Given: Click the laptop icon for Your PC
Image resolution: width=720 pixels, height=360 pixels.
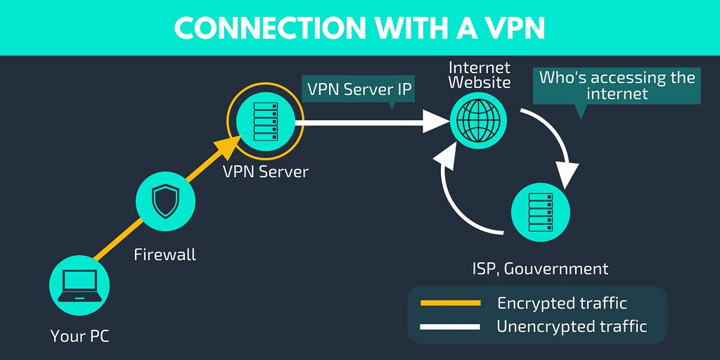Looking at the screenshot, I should (79, 286).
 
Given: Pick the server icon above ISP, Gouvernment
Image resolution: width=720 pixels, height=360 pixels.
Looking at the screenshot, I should (540, 211).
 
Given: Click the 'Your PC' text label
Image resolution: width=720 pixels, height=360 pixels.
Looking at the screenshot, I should (79, 336).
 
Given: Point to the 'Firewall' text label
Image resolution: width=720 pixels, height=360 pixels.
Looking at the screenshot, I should (165, 255).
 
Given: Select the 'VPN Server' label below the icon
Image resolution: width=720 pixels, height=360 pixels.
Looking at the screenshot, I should (265, 172).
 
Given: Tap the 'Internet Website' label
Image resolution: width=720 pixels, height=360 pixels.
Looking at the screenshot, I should (480, 75).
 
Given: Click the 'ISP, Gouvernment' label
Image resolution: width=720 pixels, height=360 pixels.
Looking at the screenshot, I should (540, 269).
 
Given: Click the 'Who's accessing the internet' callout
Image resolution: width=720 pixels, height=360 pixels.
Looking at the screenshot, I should (616, 85).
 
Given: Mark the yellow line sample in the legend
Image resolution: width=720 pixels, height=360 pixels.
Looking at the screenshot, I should (450, 303).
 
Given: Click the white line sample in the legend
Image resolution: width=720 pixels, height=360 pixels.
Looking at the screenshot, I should (450, 326).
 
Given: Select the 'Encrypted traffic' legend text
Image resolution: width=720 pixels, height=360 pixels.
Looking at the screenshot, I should (562, 303).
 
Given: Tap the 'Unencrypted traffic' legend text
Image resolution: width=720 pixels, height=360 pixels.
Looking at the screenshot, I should (571, 326).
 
